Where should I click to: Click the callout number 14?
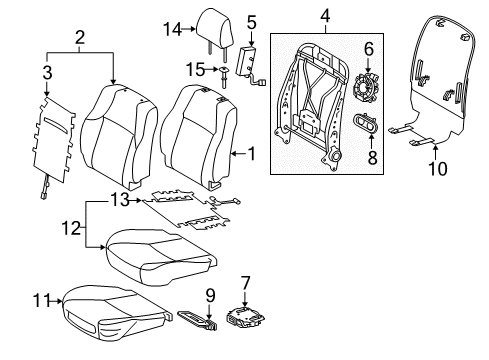[172, 29]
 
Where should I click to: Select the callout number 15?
[195, 70]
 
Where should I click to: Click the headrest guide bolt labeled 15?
[223, 76]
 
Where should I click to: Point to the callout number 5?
[252, 22]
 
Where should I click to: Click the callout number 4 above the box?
[325, 16]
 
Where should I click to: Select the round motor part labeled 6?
[366, 90]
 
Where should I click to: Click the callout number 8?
[372, 157]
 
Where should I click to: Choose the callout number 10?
[438, 169]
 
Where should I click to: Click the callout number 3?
[47, 72]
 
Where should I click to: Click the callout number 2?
[80, 38]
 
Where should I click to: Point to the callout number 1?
[252, 154]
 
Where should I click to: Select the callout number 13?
[119, 200]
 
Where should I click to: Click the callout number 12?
[71, 228]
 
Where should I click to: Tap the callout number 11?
[41, 301]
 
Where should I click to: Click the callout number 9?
[210, 296]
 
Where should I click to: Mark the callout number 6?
[369, 49]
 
